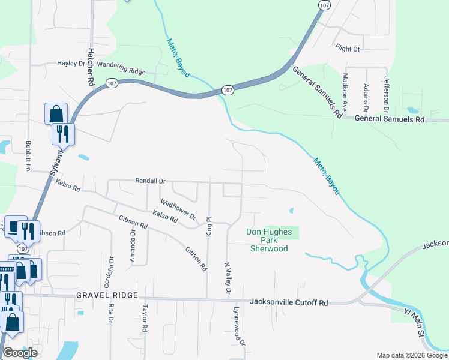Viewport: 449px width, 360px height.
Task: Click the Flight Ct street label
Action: pos(348,48)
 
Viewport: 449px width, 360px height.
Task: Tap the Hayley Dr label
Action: pos(71,63)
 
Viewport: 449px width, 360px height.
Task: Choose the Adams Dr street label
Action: pos(366,95)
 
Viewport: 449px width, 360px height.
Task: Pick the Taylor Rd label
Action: pos(145,319)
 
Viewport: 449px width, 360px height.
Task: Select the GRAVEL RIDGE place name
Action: pos(107,296)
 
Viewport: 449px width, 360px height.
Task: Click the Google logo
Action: pos(20,353)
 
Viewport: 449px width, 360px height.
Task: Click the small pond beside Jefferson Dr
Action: pos(412,111)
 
